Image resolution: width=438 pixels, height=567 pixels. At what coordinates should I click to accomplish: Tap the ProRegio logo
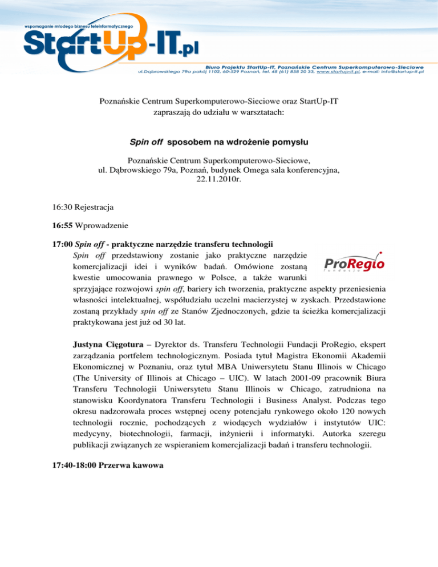point(354,263)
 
